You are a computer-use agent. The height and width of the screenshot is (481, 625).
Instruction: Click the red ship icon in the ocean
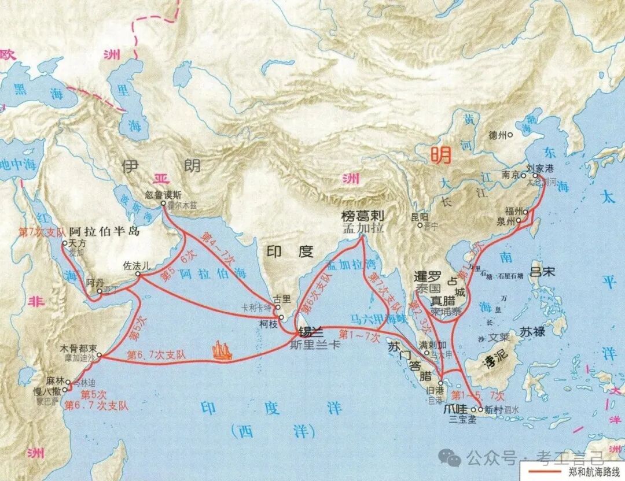click(x=222, y=350)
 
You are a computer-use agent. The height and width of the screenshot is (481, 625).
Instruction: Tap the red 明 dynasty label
click(x=439, y=154)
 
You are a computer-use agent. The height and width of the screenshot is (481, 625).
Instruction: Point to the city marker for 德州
click(x=510, y=135)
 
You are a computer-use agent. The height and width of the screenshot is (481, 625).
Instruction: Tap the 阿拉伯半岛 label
click(x=105, y=232)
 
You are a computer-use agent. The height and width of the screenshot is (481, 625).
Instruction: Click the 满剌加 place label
click(x=432, y=345)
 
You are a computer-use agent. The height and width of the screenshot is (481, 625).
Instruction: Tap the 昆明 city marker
click(x=420, y=225)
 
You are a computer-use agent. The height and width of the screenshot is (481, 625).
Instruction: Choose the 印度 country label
click(x=289, y=251)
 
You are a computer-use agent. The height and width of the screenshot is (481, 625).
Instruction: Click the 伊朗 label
click(x=160, y=167)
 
